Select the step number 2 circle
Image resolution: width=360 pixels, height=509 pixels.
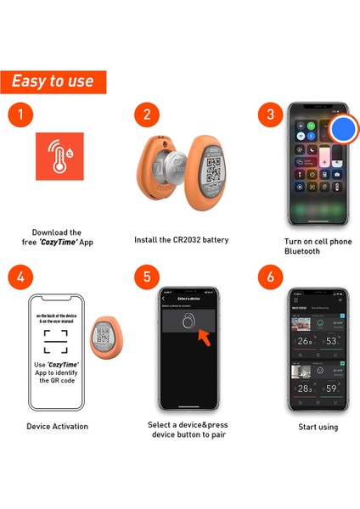[x=146, y=115]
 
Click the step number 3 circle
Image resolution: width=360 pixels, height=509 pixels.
[x=270, y=115]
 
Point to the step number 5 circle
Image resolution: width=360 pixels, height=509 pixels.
[x=146, y=277]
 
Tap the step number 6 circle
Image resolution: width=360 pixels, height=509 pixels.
[x=270, y=277]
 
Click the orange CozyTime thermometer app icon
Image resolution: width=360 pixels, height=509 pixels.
[x=59, y=158]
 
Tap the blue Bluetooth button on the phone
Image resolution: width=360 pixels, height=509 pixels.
[x=343, y=129]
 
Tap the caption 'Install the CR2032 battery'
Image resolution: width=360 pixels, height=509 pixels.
[x=182, y=240]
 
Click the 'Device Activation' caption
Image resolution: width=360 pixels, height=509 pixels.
[x=57, y=426]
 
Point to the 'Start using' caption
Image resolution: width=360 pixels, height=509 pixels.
[x=318, y=427]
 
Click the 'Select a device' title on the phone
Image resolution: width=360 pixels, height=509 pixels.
[x=188, y=299]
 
